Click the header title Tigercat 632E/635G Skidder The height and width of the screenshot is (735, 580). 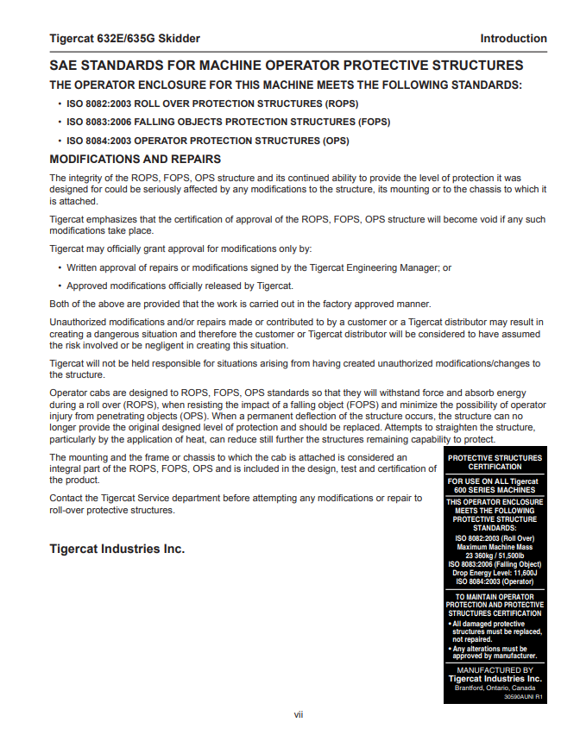[x=124, y=38]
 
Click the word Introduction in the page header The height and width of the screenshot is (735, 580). [x=514, y=38]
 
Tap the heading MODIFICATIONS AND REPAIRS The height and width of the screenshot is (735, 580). [x=136, y=159]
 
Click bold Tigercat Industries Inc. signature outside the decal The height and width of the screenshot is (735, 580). [x=117, y=549]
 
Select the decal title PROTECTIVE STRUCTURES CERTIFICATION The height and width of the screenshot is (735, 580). [x=495, y=462]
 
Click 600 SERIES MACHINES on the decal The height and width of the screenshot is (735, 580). [x=495, y=490]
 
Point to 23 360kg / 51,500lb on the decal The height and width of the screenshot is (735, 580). [x=495, y=556]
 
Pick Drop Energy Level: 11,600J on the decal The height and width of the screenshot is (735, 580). [x=495, y=572]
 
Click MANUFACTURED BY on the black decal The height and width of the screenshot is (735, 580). [x=495, y=669]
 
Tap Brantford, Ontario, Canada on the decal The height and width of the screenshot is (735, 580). [x=495, y=688]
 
